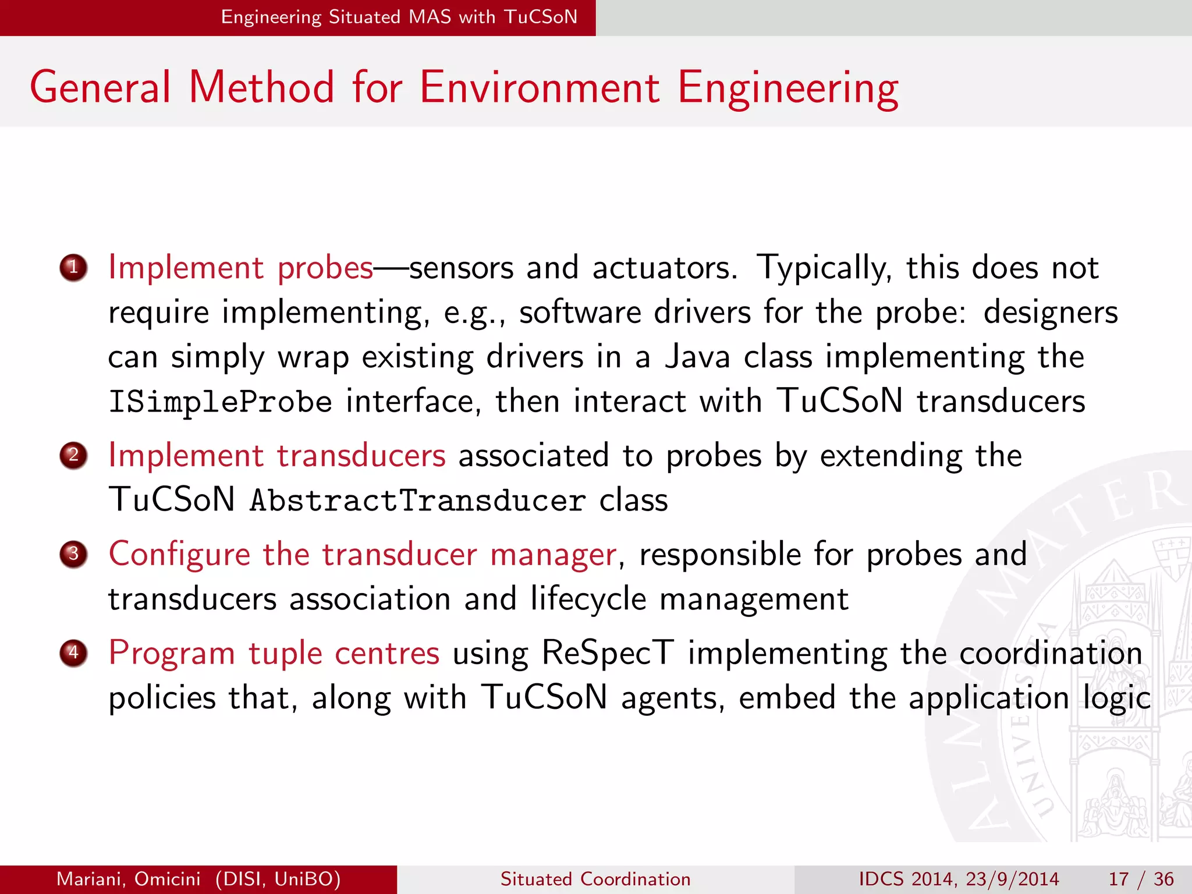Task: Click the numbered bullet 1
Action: (73, 268)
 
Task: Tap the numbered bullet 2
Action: (73, 455)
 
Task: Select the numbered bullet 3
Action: (73, 554)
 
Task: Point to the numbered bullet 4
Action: (73, 652)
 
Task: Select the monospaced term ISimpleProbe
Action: (220, 402)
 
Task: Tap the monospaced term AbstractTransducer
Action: (417, 501)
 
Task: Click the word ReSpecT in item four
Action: (608, 653)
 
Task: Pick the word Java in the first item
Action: (697, 357)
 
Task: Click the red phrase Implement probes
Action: (240, 268)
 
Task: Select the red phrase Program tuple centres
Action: (274, 653)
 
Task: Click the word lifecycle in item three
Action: (588, 599)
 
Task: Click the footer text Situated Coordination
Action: (595, 879)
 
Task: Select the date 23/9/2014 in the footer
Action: (1012, 879)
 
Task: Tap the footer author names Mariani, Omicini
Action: (128, 879)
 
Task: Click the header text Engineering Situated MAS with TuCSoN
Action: (399, 17)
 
